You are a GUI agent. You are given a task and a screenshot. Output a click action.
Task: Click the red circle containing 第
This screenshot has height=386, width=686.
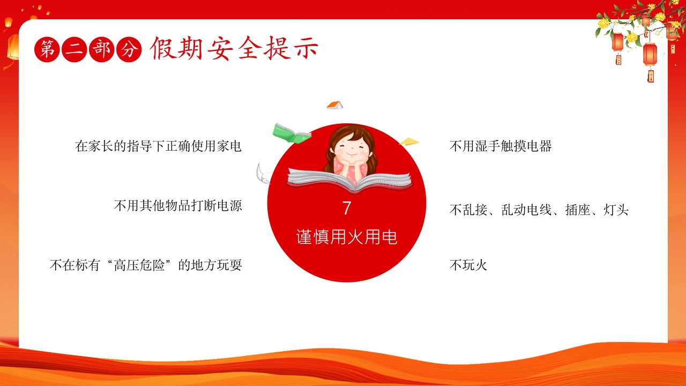click(x=47, y=50)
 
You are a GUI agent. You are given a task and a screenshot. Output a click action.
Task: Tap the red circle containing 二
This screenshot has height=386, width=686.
click(x=74, y=50)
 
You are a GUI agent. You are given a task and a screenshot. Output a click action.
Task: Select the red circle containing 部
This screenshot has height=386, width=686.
click(x=102, y=50)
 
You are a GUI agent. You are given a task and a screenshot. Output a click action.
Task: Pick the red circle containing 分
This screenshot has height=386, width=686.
click(x=129, y=50)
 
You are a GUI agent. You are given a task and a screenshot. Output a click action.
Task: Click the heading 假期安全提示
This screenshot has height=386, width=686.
click(x=234, y=48)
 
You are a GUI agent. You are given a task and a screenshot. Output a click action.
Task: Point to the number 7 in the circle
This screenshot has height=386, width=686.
click(x=347, y=209)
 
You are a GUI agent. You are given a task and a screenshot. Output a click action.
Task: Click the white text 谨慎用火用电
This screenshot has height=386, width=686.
click(x=347, y=237)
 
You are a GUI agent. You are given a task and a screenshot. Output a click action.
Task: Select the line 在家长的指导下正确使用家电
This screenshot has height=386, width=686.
click(x=158, y=146)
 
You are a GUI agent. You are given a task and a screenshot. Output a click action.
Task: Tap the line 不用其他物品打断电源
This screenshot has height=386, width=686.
click(x=178, y=205)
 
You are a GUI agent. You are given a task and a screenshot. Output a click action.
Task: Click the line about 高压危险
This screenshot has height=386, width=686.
click(x=146, y=265)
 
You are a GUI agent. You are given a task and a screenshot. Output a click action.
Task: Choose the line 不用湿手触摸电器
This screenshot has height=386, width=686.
click(x=501, y=146)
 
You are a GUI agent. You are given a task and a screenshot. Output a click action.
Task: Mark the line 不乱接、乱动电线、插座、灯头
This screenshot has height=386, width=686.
click(x=539, y=210)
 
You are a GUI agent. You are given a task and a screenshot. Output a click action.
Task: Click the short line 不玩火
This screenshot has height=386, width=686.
click(x=468, y=265)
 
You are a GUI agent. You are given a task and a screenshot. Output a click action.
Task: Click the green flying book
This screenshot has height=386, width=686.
click(x=291, y=133)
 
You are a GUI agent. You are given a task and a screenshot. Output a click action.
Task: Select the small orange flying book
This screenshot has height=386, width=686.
click(x=335, y=105)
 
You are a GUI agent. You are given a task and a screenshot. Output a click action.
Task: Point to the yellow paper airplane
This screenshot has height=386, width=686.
click(x=409, y=142)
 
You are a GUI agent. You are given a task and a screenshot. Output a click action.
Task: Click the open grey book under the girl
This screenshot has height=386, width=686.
click(x=349, y=181)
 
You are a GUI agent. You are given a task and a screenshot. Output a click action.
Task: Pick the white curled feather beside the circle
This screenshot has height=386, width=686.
click(x=262, y=174)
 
